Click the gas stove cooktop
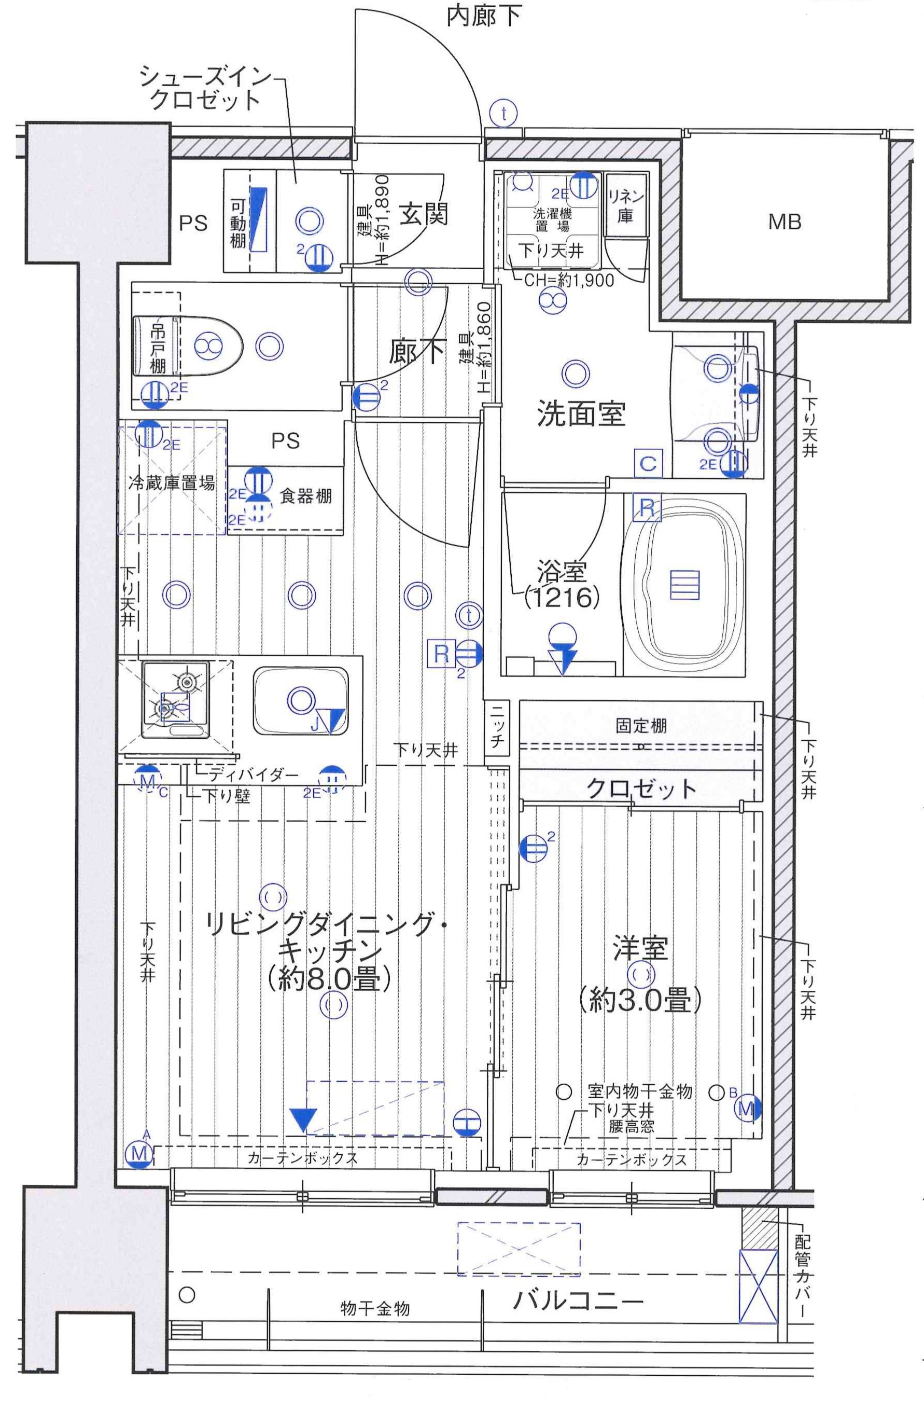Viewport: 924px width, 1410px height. click(175, 699)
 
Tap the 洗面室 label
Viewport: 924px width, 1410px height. click(581, 413)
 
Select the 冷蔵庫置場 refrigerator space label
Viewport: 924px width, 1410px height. click(172, 483)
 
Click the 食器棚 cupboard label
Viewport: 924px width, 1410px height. click(305, 496)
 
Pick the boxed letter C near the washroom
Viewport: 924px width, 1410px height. click(648, 463)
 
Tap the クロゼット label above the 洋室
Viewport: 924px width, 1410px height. click(641, 788)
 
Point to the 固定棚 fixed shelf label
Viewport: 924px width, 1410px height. click(641, 726)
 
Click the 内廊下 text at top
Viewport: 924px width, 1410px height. click(483, 17)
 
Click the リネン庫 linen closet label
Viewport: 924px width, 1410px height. click(625, 205)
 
